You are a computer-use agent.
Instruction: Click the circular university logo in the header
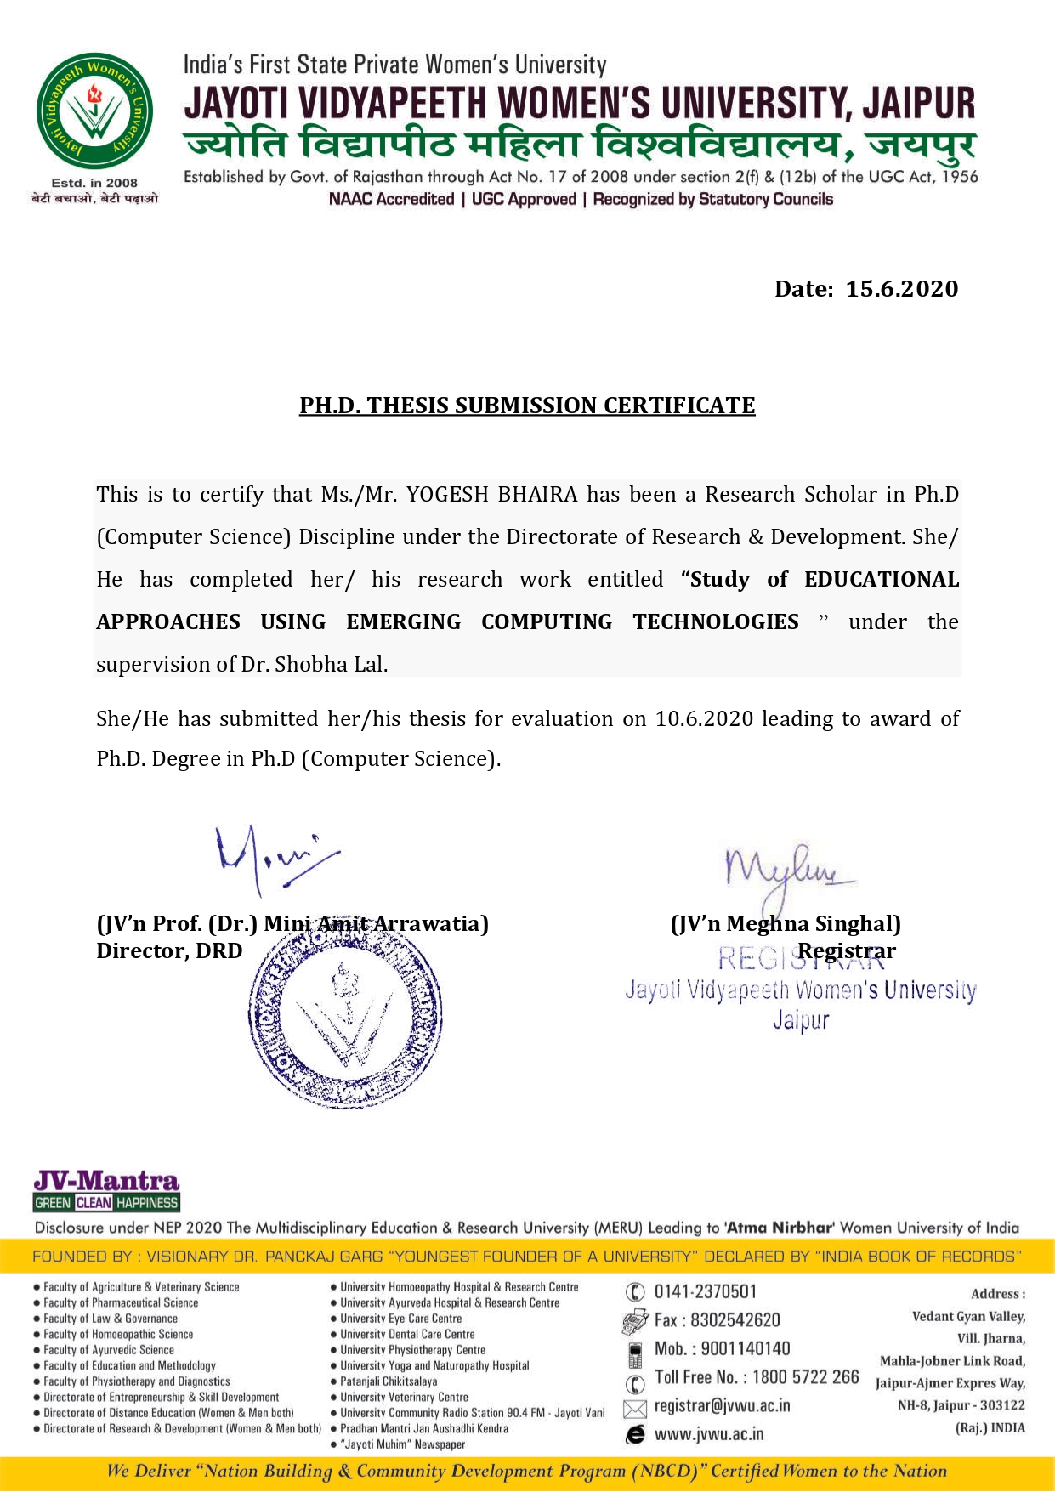94,111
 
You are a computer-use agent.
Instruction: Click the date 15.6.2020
901,289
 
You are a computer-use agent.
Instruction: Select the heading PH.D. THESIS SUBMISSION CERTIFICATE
527,406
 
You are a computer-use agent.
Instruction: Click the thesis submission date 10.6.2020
704,719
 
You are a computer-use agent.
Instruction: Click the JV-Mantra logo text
106,1181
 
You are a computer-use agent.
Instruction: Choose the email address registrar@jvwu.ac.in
722,1406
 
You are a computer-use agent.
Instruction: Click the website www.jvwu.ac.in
708,1434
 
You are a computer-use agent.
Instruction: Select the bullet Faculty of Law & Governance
111,1319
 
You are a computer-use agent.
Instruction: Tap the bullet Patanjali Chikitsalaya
389,1381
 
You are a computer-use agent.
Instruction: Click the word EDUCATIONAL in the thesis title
881,580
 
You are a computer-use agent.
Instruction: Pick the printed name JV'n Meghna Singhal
786,924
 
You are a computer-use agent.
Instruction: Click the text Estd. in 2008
94,183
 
